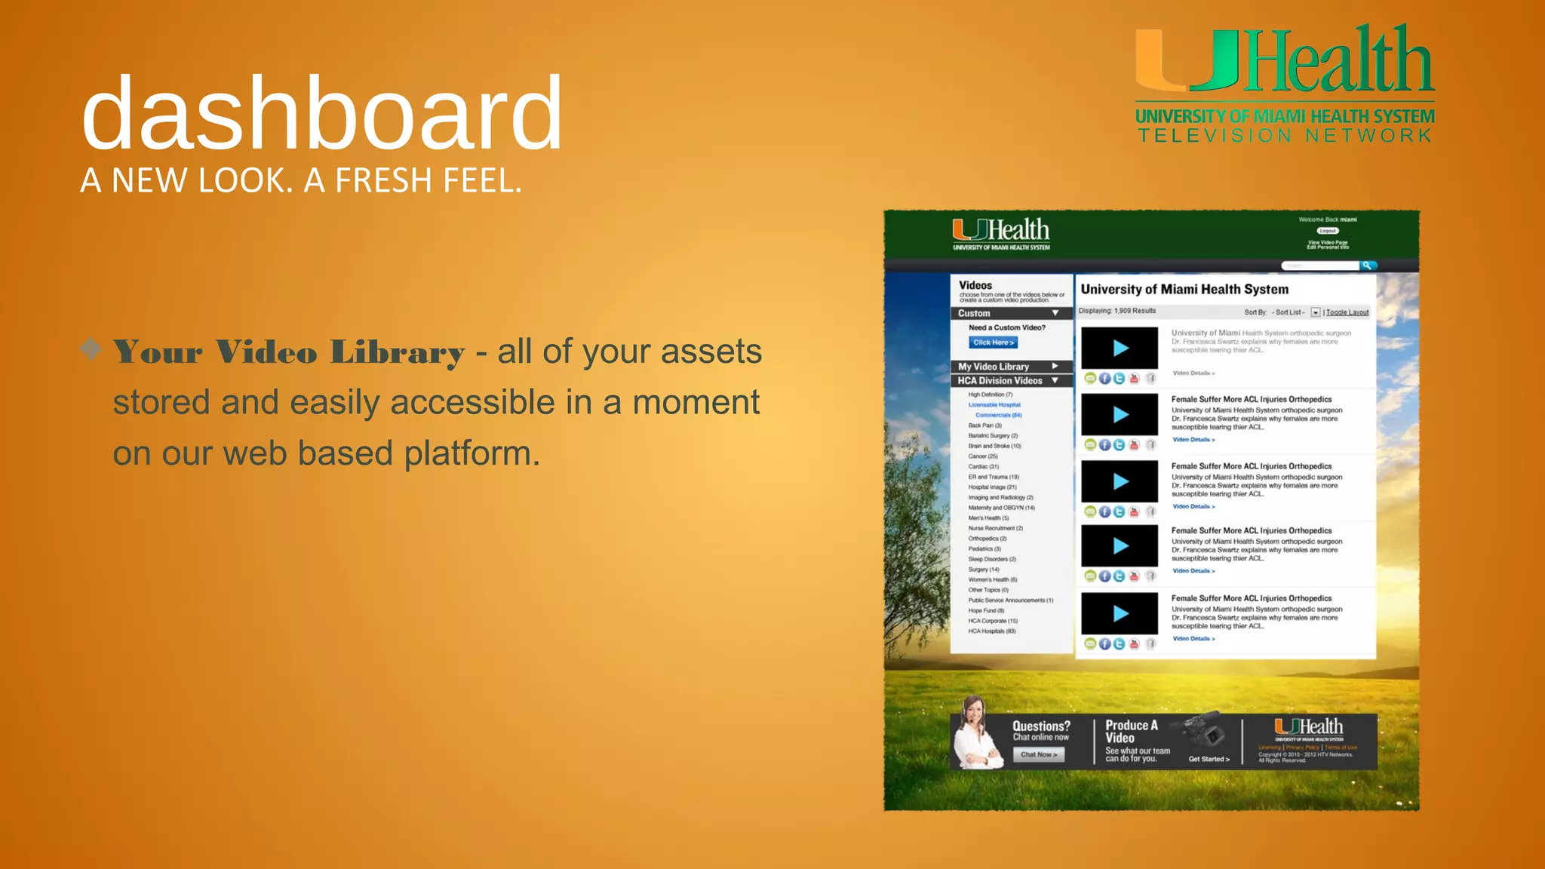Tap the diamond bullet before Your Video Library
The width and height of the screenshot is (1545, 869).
[91, 349]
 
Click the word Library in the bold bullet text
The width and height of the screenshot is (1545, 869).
[398, 353]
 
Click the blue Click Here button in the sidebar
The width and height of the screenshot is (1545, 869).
[994, 342]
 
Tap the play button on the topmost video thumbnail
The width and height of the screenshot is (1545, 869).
[1120, 348]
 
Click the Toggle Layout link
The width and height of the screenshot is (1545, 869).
[1347, 312]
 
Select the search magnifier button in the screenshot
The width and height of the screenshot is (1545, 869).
[1367, 266]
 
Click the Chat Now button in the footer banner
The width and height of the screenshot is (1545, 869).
[1039, 754]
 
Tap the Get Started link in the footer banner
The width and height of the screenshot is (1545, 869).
[1209, 759]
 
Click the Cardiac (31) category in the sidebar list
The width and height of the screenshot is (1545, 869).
[983, 467]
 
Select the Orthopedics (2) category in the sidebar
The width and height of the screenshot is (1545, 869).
[988, 539]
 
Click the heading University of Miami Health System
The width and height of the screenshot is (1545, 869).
[1184, 290]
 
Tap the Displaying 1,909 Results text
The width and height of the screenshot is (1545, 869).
[1117, 311]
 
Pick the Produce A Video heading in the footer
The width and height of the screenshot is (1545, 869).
[1131, 732]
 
